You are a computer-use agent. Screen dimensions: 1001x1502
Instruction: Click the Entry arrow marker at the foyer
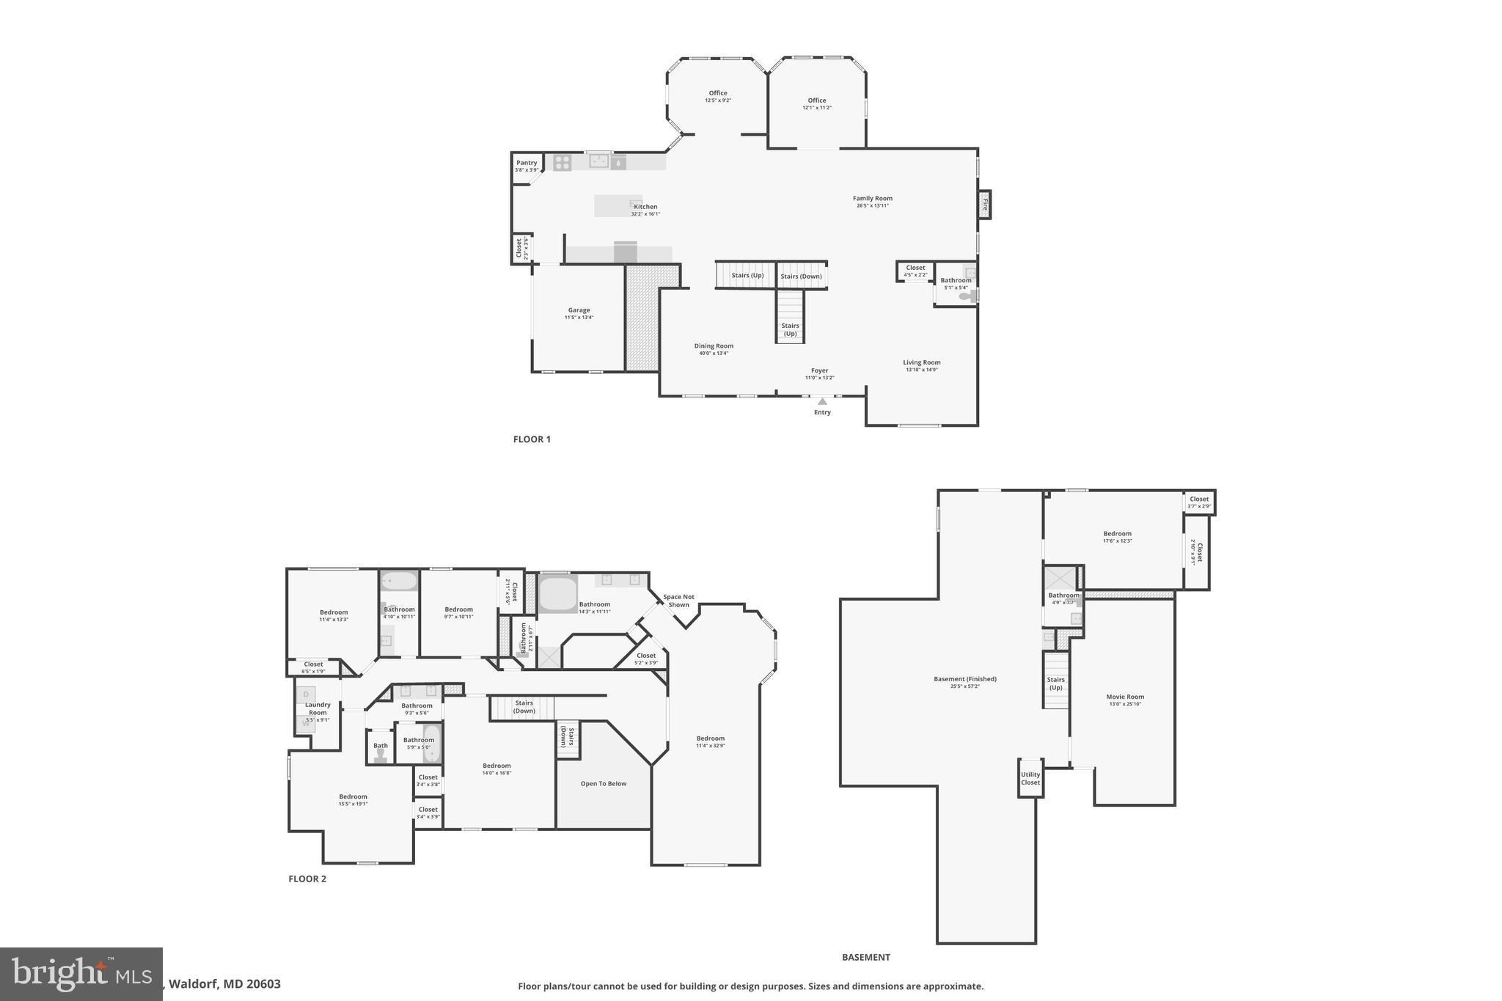pyautogui.click(x=822, y=401)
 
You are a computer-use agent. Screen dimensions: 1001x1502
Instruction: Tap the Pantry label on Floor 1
pyautogui.click(x=527, y=163)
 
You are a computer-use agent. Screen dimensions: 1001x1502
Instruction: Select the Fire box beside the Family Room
pyautogui.click(x=985, y=205)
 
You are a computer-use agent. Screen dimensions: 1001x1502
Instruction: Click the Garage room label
pyautogui.click(x=579, y=310)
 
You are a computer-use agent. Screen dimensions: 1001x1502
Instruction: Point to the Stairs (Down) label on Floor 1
pyautogui.click(x=801, y=276)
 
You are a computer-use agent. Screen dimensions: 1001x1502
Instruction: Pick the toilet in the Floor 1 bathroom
pyautogui.click(x=967, y=297)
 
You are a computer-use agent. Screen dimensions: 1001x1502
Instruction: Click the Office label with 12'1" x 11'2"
pyautogui.click(x=817, y=100)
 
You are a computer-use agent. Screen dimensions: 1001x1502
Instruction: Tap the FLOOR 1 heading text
pyautogui.click(x=532, y=439)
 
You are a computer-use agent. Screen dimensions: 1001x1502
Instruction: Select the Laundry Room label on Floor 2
pyautogui.click(x=318, y=708)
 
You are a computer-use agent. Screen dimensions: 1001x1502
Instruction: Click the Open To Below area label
pyautogui.click(x=604, y=783)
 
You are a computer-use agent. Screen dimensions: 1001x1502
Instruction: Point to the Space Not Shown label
pyautogui.click(x=678, y=601)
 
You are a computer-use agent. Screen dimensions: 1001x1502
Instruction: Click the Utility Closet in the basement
pyautogui.click(x=1030, y=778)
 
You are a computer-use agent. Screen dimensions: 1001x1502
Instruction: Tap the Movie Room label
pyautogui.click(x=1125, y=697)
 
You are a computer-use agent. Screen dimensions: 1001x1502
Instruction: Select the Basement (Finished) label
pyautogui.click(x=964, y=679)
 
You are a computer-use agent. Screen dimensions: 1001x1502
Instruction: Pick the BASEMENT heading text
pyautogui.click(x=865, y=957)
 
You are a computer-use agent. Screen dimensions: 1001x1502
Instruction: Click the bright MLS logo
pyautogui.click(x=81, y=974)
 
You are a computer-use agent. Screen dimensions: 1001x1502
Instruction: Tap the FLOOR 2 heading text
pyautogui.click(x=307, y=879)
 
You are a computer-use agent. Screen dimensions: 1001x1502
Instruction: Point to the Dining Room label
pyautogui.click(x=714, y=346)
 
